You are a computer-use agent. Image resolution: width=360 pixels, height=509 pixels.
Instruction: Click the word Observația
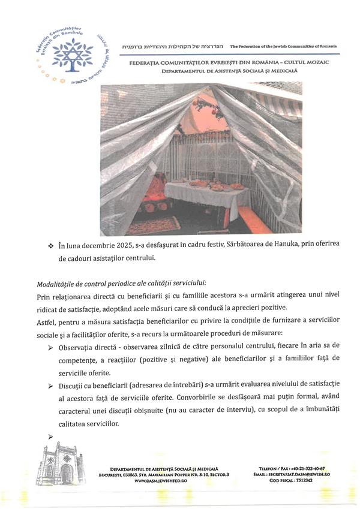[x=79, y=347]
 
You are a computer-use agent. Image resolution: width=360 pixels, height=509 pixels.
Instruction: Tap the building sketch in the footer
[x=59, y=464]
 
